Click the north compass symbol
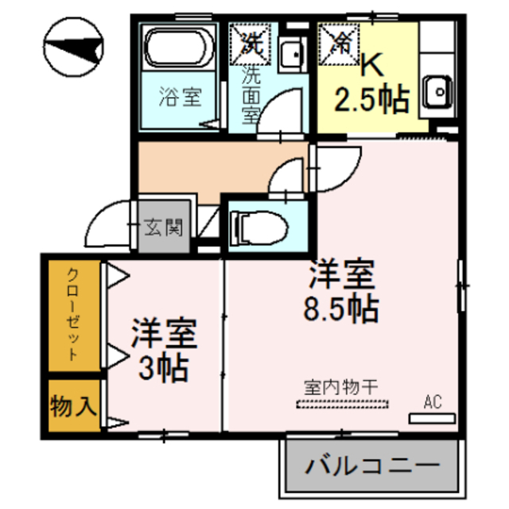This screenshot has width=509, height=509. click(x=74, y=50)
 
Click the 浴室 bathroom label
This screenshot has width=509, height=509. click(x=179, y=98)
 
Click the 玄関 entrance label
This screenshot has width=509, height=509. click(x=165, y=229)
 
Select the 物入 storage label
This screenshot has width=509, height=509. click(x=73, y=408)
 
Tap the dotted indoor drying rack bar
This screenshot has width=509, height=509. click(x=342, y=403)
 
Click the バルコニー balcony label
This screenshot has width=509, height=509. click(x=371, y=464)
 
